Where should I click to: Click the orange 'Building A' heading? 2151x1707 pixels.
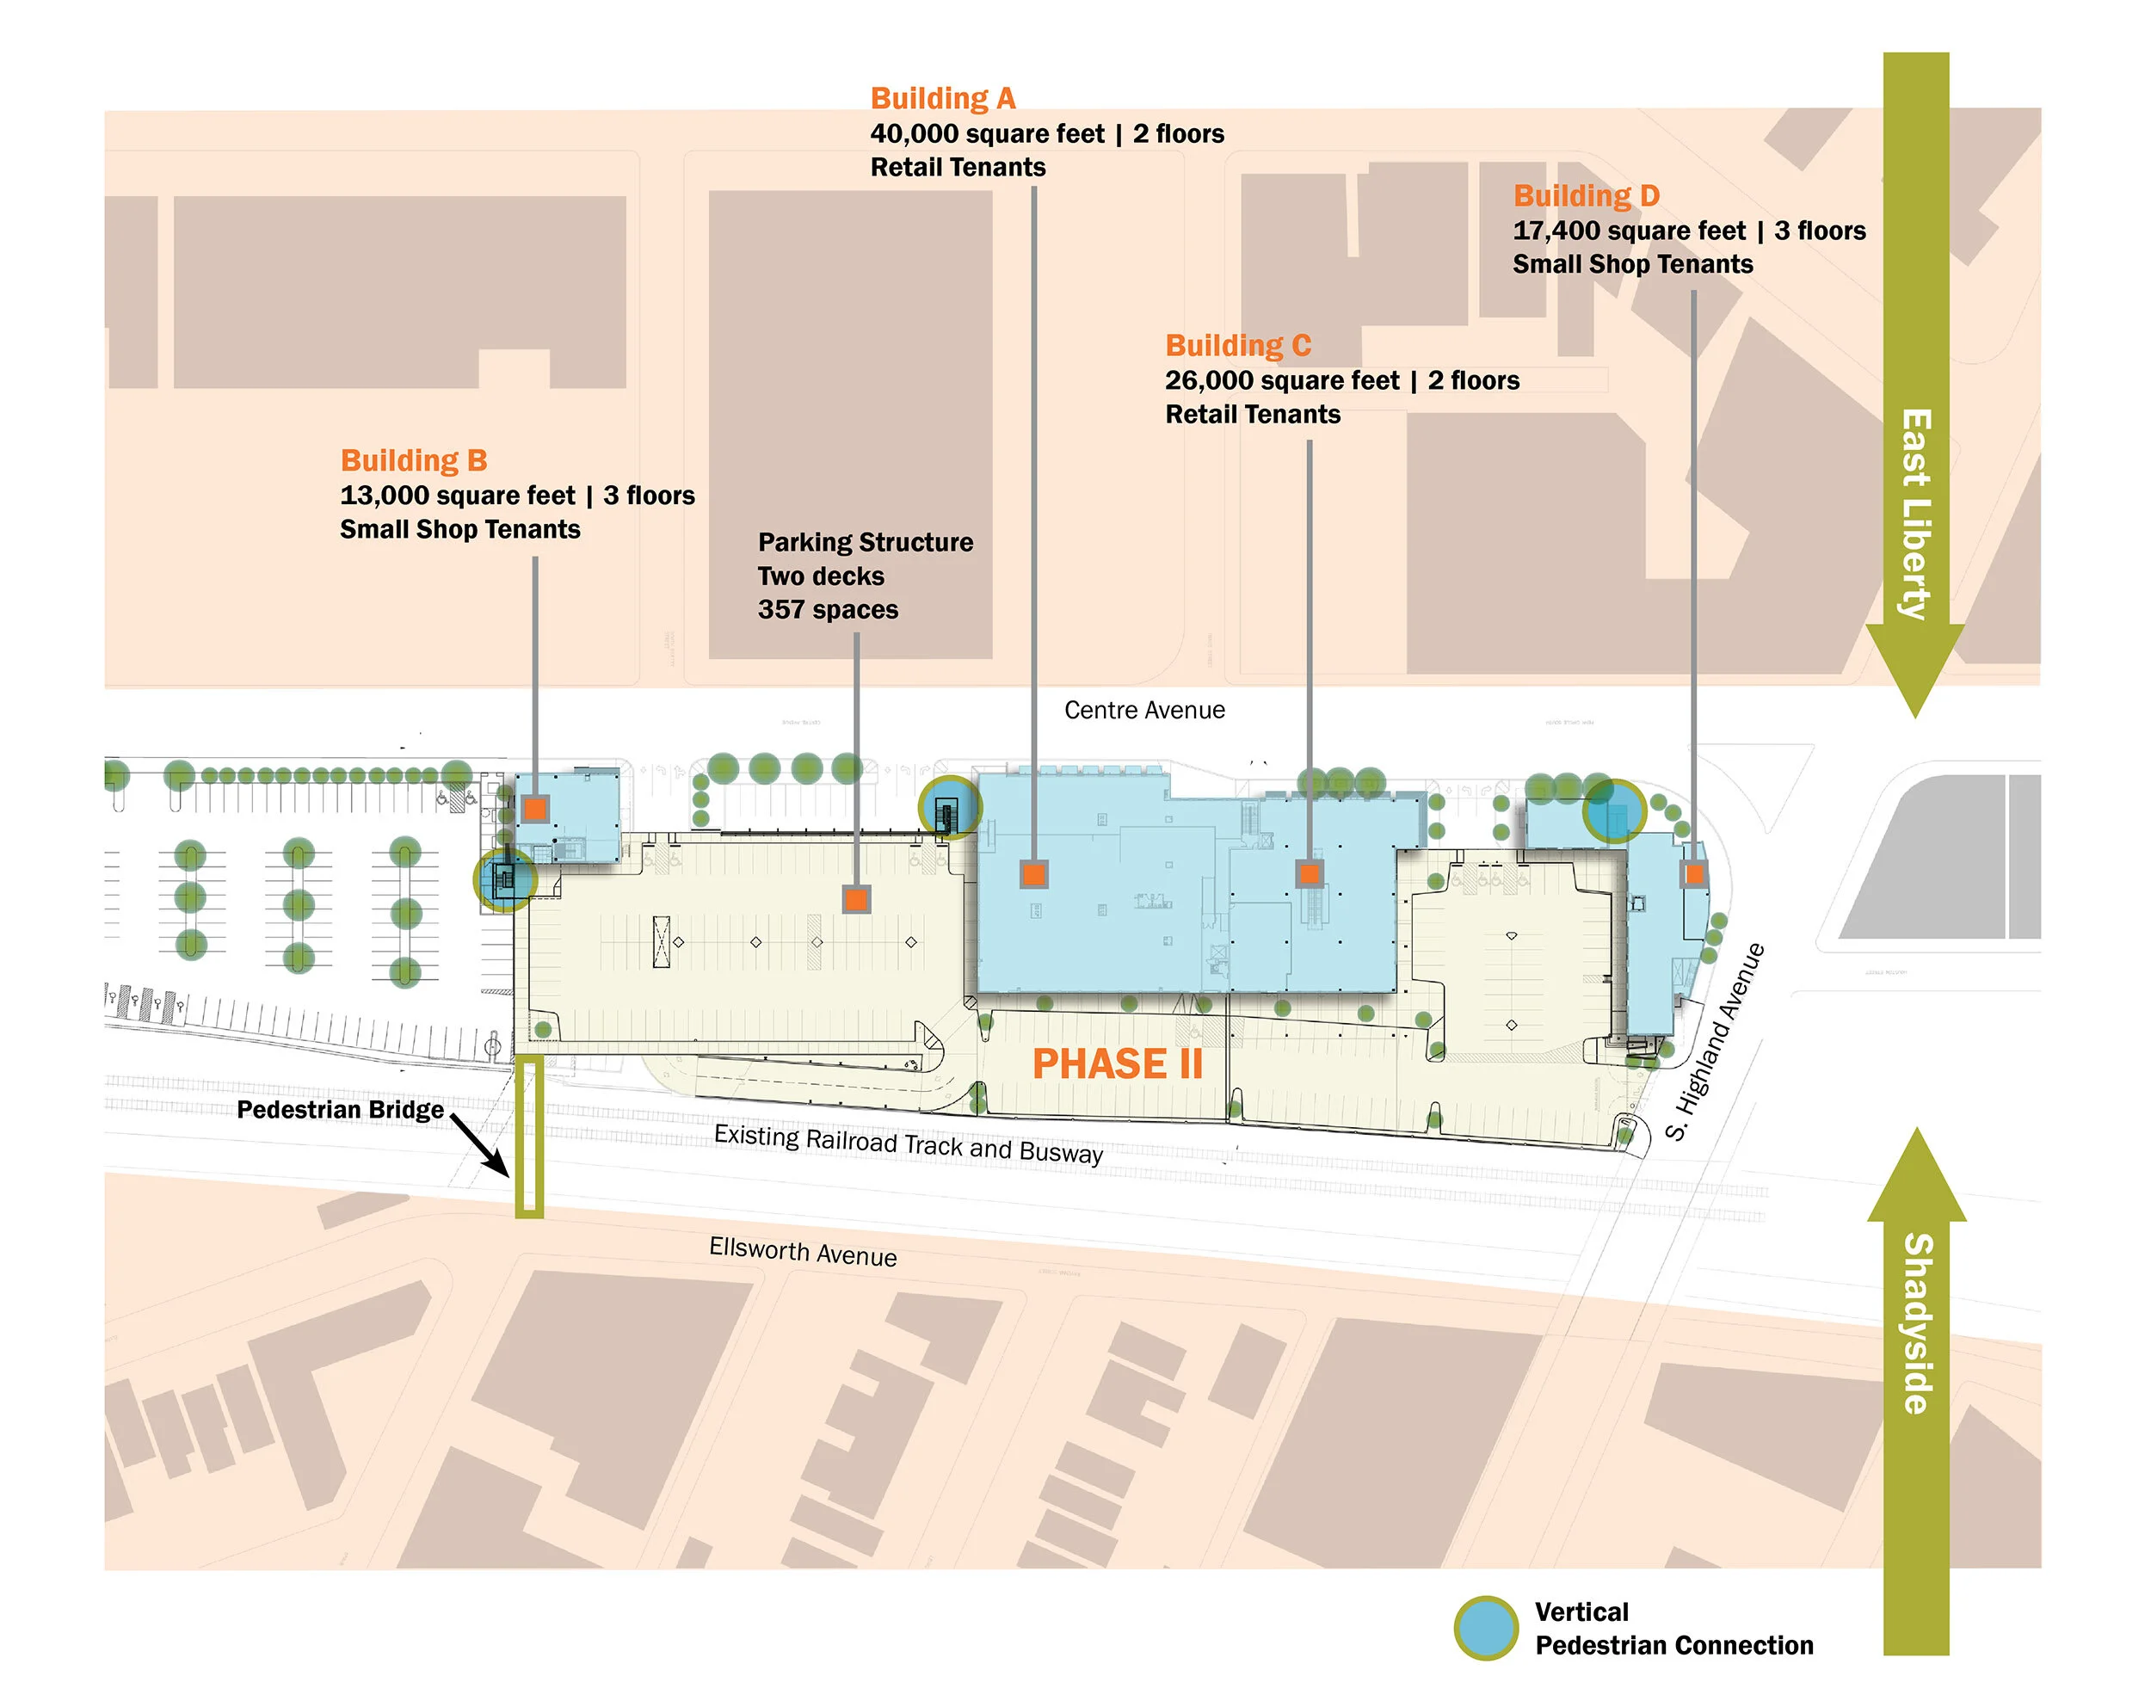[x=942, y=99]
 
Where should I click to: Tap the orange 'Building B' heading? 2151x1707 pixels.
[x=413, y=461]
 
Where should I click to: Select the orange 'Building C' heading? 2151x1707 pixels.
[x=1237, y=346]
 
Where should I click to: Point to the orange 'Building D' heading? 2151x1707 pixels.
[x=1586, y=196]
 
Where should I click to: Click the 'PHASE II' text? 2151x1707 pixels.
[x=1117, y=1064]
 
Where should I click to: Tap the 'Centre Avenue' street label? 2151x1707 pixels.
[x=1143, y=711]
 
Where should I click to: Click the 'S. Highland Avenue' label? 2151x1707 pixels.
[x=1715, y=1042]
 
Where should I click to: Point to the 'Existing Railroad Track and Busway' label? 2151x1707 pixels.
[x=908, y=1143]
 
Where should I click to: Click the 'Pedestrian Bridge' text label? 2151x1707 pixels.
[x=339, y=1111]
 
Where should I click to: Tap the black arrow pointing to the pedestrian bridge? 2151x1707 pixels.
[x=479, y=1143]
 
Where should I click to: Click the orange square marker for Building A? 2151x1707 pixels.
[x=1033, y=875]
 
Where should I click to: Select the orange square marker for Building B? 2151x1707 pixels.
[x=536, y=808]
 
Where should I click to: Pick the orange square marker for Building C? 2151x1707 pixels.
[x=1309, y=874]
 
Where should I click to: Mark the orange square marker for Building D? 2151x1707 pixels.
[x=1693, y=875]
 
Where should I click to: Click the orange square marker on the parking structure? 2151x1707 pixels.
[x=856, y=899]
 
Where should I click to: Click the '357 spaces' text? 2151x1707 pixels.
[x=827, y=611]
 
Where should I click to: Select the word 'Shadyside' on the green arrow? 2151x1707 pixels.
[x=1917, y=1323]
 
